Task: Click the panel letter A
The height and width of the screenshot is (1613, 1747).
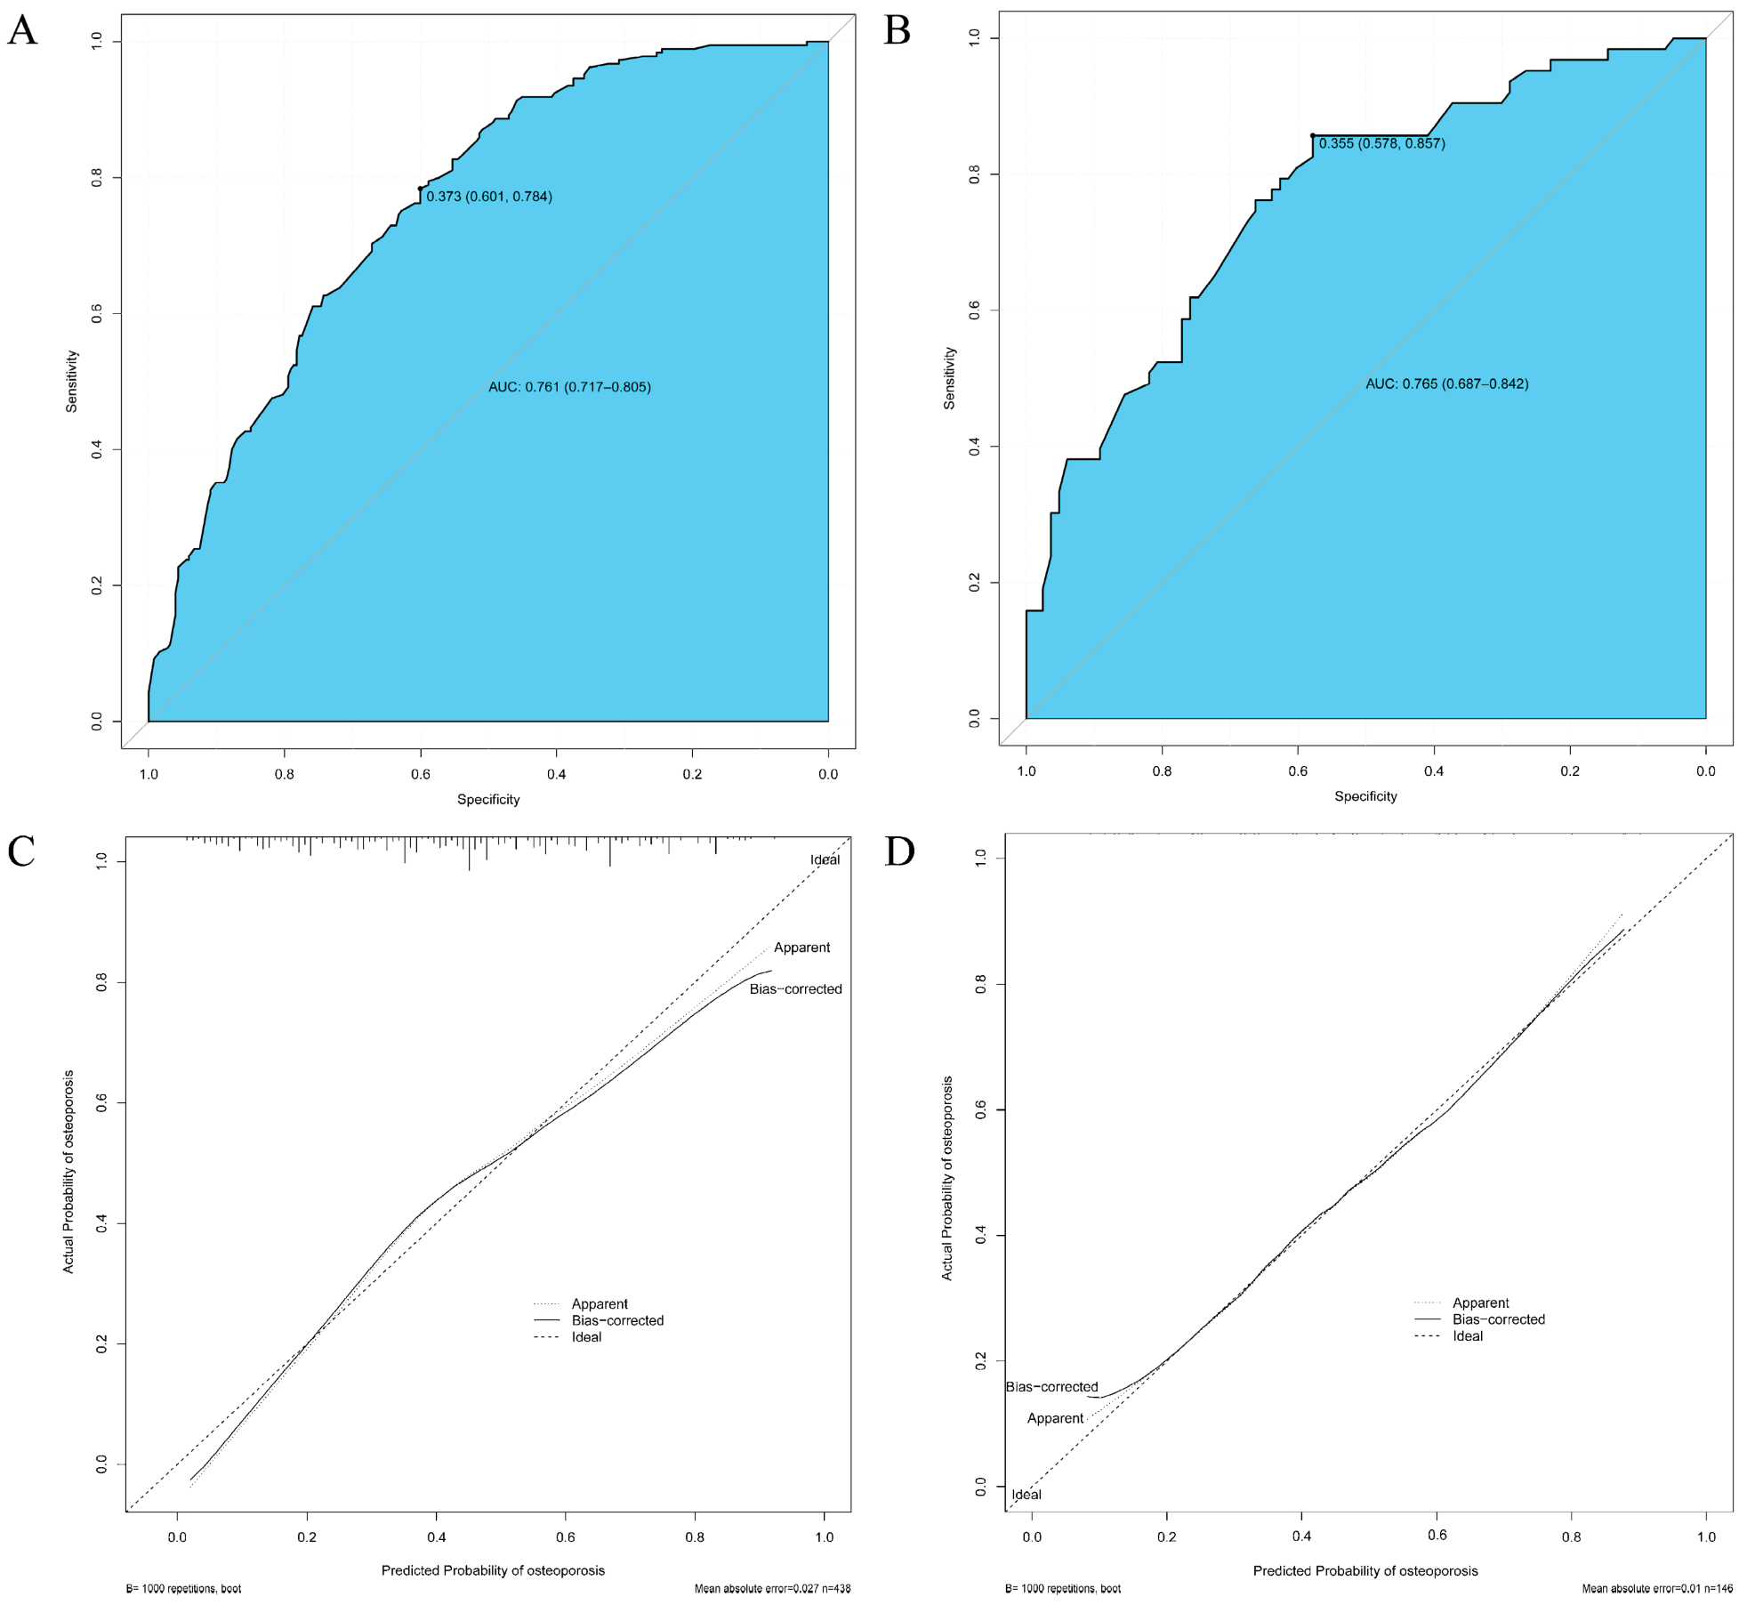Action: coord(22,31)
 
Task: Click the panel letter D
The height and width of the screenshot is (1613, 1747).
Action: coord(899,851)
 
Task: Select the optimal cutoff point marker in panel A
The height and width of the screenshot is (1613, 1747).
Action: coord(421,189)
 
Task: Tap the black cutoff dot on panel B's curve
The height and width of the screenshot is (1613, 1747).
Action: coord(1313,135)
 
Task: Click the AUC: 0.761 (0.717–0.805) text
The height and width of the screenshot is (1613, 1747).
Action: coord(569,387)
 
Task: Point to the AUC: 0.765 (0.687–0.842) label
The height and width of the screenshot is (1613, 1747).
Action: coord(1447,384)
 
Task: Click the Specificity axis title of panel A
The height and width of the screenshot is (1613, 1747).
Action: coord(488,799)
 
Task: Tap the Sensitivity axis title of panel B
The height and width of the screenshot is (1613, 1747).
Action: coord(949,378)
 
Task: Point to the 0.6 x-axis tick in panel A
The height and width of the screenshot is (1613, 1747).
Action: coord(421,774)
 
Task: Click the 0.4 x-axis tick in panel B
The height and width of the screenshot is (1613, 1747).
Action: coord(1434,770)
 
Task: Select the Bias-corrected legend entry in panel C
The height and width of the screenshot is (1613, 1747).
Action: coord(617,1320)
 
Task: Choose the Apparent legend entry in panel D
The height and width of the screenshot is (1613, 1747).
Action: coord(1480,1302)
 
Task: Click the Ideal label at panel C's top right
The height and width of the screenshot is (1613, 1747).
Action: coord(825,859)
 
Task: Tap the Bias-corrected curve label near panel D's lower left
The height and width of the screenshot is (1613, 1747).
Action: coord(1051,1386)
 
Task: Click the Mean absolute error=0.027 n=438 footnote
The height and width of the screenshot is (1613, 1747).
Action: coord(772,1588)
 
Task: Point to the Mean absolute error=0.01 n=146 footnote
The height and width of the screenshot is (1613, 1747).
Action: coord(1657,1588)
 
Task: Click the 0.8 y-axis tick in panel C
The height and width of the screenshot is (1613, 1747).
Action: coord(101,982)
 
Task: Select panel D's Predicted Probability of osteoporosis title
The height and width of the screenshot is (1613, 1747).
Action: coord(1365,1570)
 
